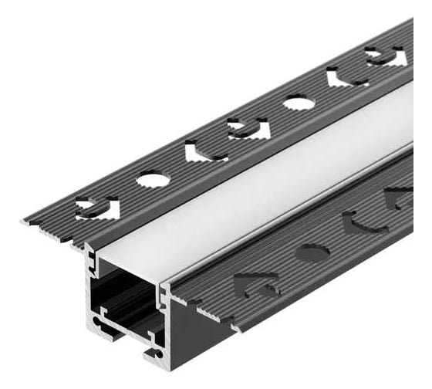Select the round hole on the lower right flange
pyautogui.click(x=312, y=252)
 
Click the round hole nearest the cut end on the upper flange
pyautogui.click(x=153, y=180)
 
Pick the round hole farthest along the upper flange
pyautogui.click(x=299, y=102)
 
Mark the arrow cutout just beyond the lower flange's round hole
pyautogui.click(x=363, y=224)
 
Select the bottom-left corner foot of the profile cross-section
pyautogui.click(x=96, y=321)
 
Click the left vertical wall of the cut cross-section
pyautogui.click(x=90, y=286)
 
